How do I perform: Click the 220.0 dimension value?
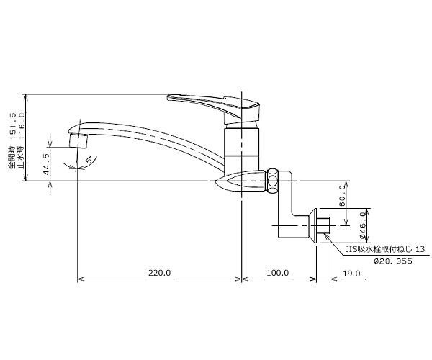(160, 273)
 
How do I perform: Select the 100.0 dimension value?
(277, 273)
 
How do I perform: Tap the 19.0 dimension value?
(351, 273)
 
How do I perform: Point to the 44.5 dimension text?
(46, 164)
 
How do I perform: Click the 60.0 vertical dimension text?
(341, 196)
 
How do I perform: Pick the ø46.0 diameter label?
(363, 225)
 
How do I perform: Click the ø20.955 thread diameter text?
(393, 261)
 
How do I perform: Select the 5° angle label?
(89, 160)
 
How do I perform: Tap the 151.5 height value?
(12, 125)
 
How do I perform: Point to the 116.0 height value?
(21, 125)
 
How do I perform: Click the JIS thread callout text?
(385, 249)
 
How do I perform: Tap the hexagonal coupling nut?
(272, 181)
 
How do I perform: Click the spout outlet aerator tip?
(78, 140)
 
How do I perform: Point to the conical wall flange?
(313, 225)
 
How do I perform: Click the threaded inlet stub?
(323, 225)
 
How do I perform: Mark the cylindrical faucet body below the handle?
(242, 149)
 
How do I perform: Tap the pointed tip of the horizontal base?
(216, 181)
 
